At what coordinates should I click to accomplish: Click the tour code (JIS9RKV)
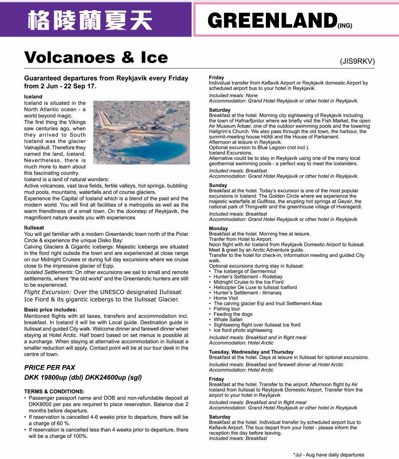[x=357, y=61]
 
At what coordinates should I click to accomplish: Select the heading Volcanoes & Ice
[x=96, y=57]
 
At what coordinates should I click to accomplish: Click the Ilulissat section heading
[x=34, y=228]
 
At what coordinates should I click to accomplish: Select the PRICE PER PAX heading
[x=50, y=368]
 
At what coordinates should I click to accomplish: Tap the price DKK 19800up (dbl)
[x=53, y=377]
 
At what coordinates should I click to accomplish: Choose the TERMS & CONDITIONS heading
[x=54, y=392]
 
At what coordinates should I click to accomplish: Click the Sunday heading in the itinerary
[x=218, y=185]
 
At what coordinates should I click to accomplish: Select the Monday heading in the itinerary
[x=218, y=228]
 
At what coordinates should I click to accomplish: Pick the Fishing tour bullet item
[x=227, y=309]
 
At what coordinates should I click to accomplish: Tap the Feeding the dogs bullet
[x=233, y=314]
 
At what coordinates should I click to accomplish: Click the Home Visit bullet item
[x=226, y=298]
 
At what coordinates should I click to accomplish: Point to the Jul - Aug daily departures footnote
[x=329, y=455]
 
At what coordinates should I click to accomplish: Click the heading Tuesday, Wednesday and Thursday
[x=251, y=352]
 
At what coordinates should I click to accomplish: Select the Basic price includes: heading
[x=50, y=310]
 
